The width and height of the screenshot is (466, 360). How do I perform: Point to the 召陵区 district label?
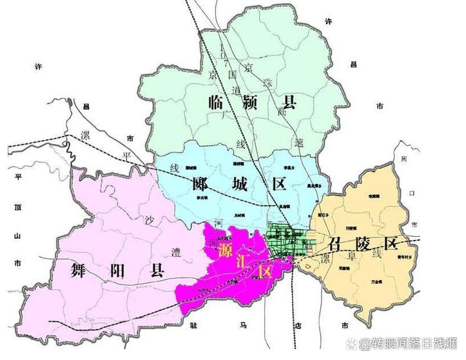[x=363, y=244]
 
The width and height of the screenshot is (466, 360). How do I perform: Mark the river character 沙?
[x=150, y=219]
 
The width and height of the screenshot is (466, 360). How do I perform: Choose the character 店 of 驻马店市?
[x=296, y=323]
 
